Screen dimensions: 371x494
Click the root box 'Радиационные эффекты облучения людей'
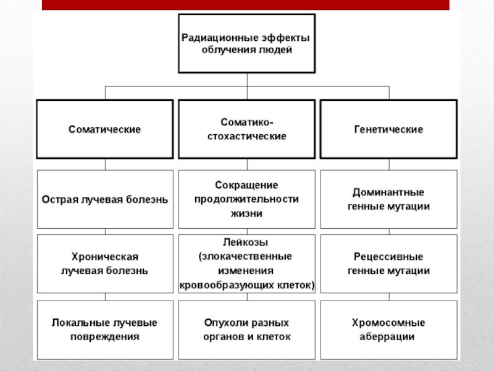pyautogui.click(x=246, y=44)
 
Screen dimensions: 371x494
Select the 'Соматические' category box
pyautogui.click(x=104, y=130)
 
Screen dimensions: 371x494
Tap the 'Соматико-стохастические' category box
pyautogui.click(x=246, y=130)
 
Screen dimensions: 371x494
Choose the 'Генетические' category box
pyautogui.click(x=388, y=130)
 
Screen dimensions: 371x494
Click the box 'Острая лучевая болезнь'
pyautogui.click(x=104, y=200)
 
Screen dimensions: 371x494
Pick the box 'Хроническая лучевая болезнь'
pyautogui.click(x=104, y=263)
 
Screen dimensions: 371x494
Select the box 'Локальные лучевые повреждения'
pyautogui.click(x=104, y=330)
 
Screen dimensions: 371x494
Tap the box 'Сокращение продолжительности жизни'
pyautogui.click(x=246, y=200)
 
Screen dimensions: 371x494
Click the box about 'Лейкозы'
pyautogui.click(x=246, y=263)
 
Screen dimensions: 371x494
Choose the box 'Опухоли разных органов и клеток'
pyautogui.click(x=246, y=330)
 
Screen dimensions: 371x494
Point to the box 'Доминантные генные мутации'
pyautogui.click(x=388, y=200)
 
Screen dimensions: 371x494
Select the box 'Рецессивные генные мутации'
pyautogui.click(x=388, y=263)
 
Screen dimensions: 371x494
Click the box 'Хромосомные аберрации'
pyautogui.click(x=388, y=330)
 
